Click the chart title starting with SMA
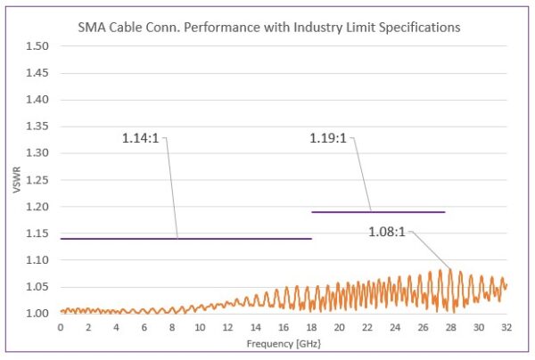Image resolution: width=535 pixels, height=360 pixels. [x=280, y=28]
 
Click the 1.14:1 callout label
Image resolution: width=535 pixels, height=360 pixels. [x=144, y=138]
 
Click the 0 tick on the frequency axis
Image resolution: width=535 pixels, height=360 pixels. [x=61, y=327]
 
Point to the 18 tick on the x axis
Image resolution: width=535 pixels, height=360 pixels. [x=311, y=327]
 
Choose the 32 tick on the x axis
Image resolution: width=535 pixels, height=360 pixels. [x=506, y=327]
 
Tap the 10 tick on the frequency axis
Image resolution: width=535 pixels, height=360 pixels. [x=200, y=327]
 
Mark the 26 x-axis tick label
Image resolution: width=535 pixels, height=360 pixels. [x=423, y=327]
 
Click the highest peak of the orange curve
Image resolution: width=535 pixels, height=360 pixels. [x=449, y=271]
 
